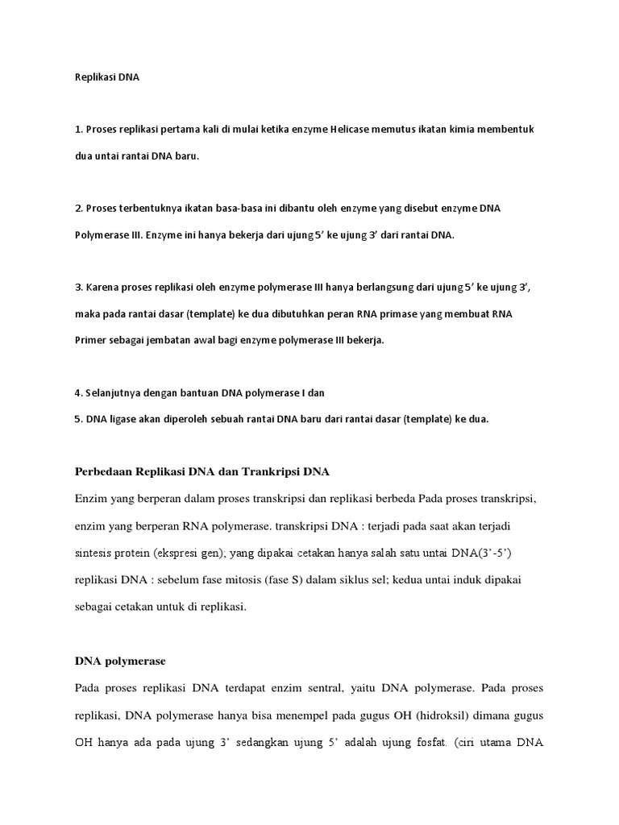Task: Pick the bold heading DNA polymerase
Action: point(120,661)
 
